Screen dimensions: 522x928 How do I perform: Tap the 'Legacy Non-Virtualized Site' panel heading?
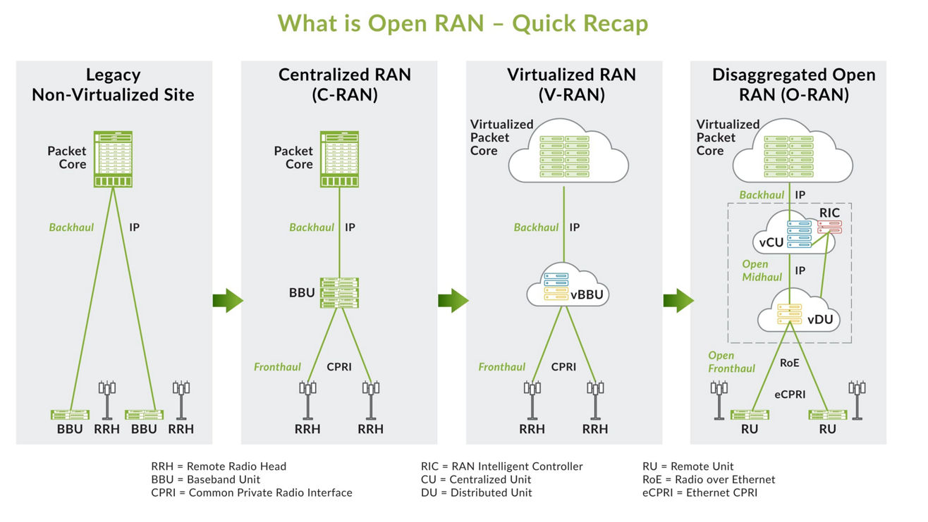[x=113, y=85]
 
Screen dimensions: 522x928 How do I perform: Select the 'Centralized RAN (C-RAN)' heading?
[x=344, y=85]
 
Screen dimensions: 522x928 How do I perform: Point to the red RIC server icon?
[x=829, y=226]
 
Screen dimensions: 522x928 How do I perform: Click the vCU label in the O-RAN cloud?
[x=771, y=242]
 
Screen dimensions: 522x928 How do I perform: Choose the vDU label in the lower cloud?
[x=820, y=319]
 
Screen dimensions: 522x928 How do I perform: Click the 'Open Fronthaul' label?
[x=731, y=361]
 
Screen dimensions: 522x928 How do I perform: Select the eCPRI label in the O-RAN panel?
[x=790, y=394]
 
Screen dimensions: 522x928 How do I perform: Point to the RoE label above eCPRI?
[x=789, y=363]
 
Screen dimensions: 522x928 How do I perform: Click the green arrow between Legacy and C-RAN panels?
[x=228, y=301]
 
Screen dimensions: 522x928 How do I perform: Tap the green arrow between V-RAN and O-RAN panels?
[x=678, y=301]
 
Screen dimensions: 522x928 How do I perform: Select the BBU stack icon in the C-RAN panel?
[x=339, y=292]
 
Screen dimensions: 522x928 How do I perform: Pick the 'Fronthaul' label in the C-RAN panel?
[x=277, y=367]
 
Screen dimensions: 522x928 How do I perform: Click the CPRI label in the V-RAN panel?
[x=563, y=367]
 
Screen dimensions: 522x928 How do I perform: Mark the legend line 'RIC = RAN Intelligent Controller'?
[x=501, y=466]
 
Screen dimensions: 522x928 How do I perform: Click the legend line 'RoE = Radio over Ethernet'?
[x=708, y=480]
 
